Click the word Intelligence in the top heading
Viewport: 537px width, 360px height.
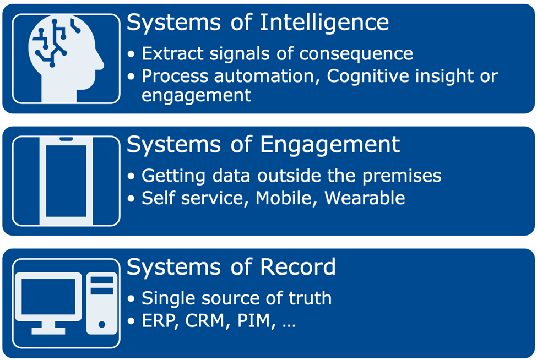point(324,23)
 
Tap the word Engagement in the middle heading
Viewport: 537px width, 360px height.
point(330,145)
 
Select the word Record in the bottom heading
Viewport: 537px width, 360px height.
point(297,266)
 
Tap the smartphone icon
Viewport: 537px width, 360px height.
point(66,181)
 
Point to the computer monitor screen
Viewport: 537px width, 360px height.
point(48,296)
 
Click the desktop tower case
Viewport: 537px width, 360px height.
point(102,303)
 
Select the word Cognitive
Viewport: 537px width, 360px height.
point(368,77)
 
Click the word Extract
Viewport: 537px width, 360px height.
point(173,54)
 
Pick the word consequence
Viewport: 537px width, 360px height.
point(356,54)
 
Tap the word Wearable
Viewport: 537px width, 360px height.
point(365,198)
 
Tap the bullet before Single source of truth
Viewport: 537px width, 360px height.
point(131,299)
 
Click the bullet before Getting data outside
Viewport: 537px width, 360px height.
point(131,176)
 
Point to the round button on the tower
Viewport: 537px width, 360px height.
point(102,324)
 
